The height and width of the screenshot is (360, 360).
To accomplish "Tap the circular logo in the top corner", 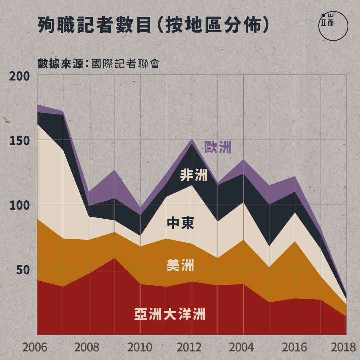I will point(333,26).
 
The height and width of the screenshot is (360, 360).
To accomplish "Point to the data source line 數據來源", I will point(98,63).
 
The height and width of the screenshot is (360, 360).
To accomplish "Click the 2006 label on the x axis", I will point(35,347).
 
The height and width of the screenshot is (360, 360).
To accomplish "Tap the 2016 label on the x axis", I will point(294,347).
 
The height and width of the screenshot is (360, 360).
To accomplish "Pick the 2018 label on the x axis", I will point(344,347).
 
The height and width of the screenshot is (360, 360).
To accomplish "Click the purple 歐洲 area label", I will point(218,147).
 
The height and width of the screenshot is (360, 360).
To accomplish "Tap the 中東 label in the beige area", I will point(180,223).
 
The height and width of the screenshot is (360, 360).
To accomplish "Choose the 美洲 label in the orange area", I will point(180,266).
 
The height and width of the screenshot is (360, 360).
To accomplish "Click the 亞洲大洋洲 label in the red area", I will point(170,314).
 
